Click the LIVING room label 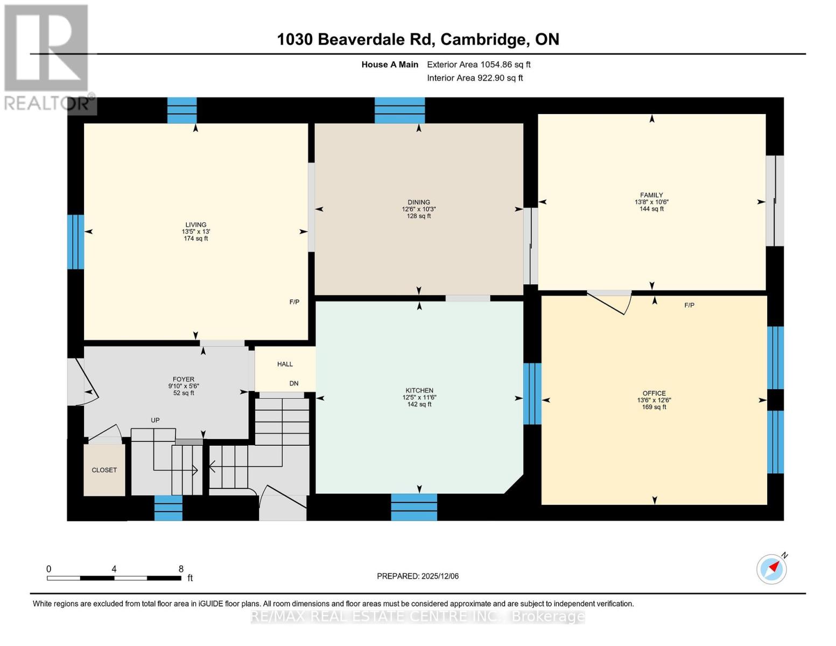tap(195, 224)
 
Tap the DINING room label tap(418, 202)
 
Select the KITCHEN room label tap(419, 390)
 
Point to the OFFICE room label tap(654, 393)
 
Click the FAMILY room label tap(651, 195)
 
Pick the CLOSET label tap(104, 470)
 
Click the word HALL tap(285, 364)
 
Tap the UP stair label tap(155, 420)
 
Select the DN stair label tap(294, 383)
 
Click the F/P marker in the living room tap(294, 302)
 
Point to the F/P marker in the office tap(689, 305)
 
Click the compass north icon tap(772, 568)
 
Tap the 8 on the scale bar tap(181, 568)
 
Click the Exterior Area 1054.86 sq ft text tap(479, 65)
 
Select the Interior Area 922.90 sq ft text tap(475, 78)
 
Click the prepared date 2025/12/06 tap(440, 576)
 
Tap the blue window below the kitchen tap(413, 507)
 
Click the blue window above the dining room tap(399, 110)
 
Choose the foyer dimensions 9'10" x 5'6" tap(183, 386)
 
